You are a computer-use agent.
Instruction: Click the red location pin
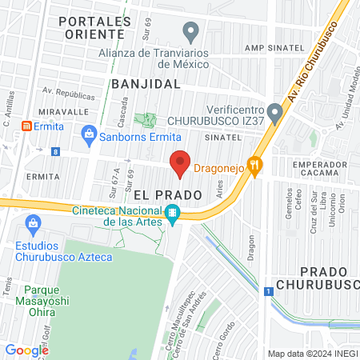180,163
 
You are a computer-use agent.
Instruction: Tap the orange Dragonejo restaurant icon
255,166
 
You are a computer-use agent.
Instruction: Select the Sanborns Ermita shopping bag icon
89,134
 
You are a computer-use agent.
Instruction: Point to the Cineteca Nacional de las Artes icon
171,213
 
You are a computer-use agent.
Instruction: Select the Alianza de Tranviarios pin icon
190,32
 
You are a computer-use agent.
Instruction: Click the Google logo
26,350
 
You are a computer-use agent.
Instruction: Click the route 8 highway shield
55,151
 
